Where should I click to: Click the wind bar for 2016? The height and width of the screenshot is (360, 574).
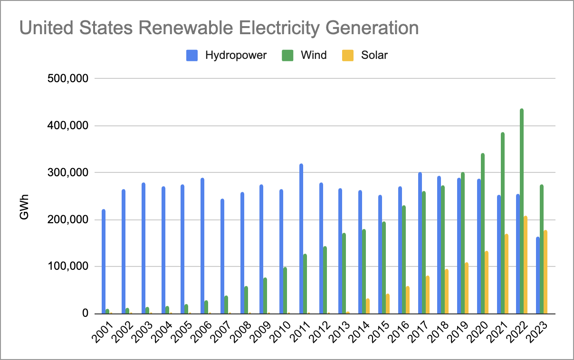404,259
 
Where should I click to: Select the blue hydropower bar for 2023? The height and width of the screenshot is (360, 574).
538,275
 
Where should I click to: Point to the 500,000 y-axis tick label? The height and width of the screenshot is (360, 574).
68,79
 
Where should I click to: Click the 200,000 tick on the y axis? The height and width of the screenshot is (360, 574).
68,220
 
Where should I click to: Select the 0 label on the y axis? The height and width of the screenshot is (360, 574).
86,313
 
